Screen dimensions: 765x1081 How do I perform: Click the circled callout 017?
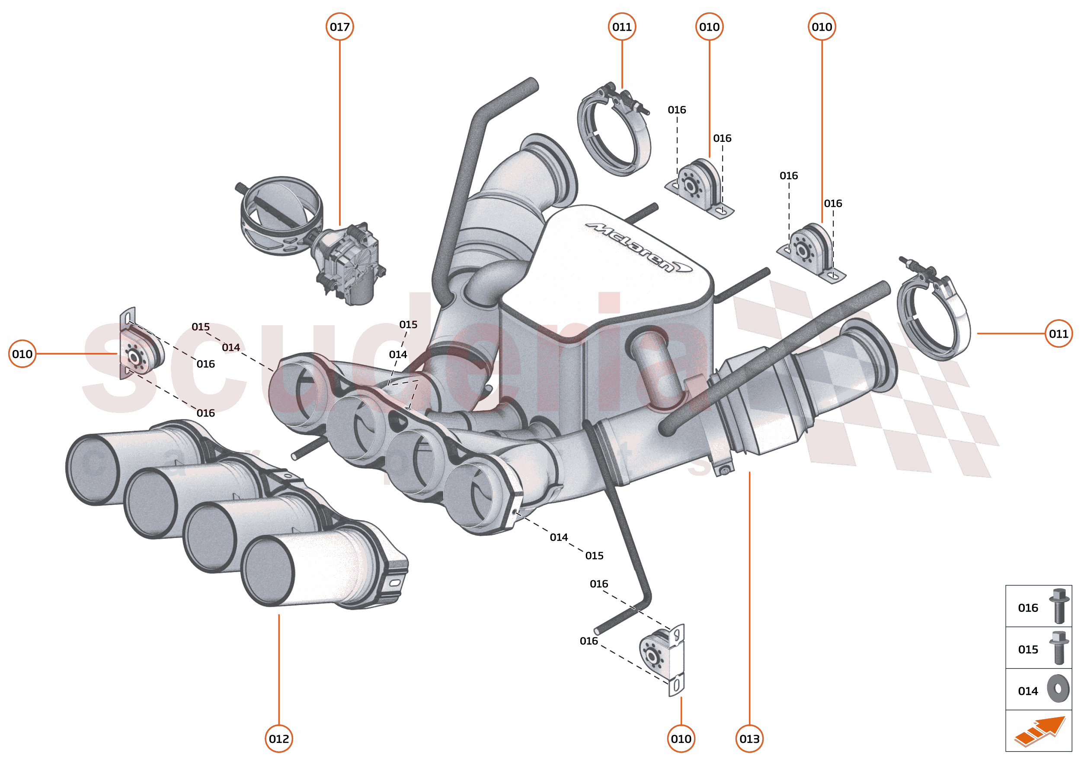point(339,27)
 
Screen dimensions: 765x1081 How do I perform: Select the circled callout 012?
point(279,739)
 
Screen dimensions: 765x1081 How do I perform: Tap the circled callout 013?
point(749,739)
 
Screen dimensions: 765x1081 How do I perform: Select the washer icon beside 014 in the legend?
point(1058,689)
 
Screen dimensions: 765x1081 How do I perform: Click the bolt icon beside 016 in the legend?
point(1059,606)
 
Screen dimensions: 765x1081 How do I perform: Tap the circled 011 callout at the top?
point(622,27)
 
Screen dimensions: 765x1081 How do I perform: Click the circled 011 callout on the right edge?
point(1059,333)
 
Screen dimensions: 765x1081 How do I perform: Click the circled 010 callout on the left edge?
point(22,354)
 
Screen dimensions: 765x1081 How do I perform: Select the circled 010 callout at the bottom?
point(681,739)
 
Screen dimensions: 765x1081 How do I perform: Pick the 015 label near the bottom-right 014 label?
point(594,556)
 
